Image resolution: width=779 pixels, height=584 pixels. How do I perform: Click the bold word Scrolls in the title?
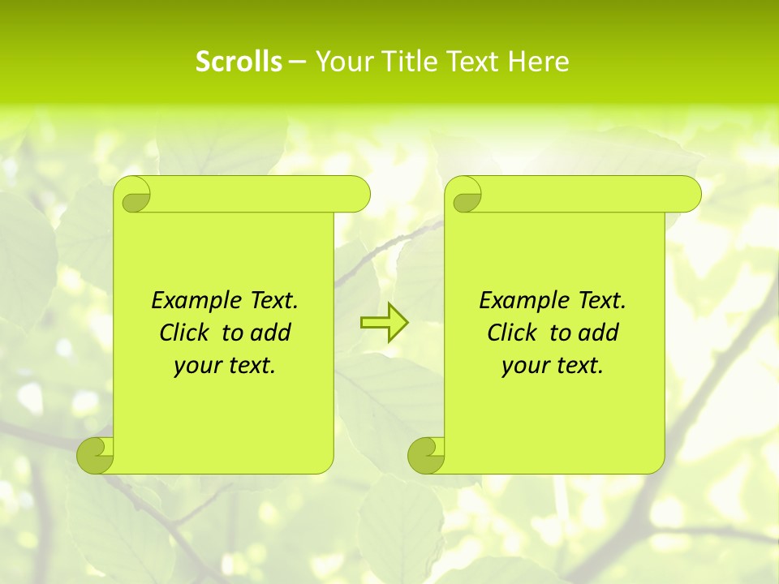point(239,62)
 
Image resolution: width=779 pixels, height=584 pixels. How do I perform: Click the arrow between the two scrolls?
point(384,323)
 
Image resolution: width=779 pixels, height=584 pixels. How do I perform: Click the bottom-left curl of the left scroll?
point(96,454)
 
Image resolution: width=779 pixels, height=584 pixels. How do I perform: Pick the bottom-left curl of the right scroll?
point(426,454)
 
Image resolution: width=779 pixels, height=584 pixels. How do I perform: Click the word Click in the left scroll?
point(185,333)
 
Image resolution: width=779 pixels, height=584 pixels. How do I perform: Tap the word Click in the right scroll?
point(513,333)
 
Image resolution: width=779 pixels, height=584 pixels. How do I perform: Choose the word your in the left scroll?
point(196,366)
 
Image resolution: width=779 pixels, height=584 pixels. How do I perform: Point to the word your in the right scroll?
point(524,366)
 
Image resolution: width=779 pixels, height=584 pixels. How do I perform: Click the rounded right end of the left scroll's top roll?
point(358,195)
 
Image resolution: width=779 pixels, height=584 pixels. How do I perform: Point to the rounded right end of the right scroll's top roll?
point(689,195)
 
